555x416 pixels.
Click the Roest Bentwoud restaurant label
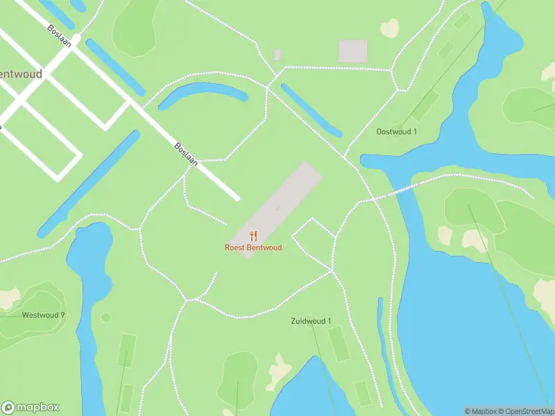(253, 248)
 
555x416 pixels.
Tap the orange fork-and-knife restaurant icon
(254, 236)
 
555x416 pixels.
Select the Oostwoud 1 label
(396, 131)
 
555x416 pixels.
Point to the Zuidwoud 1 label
(310, 320)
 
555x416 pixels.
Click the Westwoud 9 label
(43, 315)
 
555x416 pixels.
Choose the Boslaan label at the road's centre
(186, 155)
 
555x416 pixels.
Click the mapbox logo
(31, 408)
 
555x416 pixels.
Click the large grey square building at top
(352, 51)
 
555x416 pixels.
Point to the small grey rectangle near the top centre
(277, 54)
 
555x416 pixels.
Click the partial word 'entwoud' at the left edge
(21, 73)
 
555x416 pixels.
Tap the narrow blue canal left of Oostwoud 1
(311, 110)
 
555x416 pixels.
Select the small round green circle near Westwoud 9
(105, 318)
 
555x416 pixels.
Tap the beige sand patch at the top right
(390, 28)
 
